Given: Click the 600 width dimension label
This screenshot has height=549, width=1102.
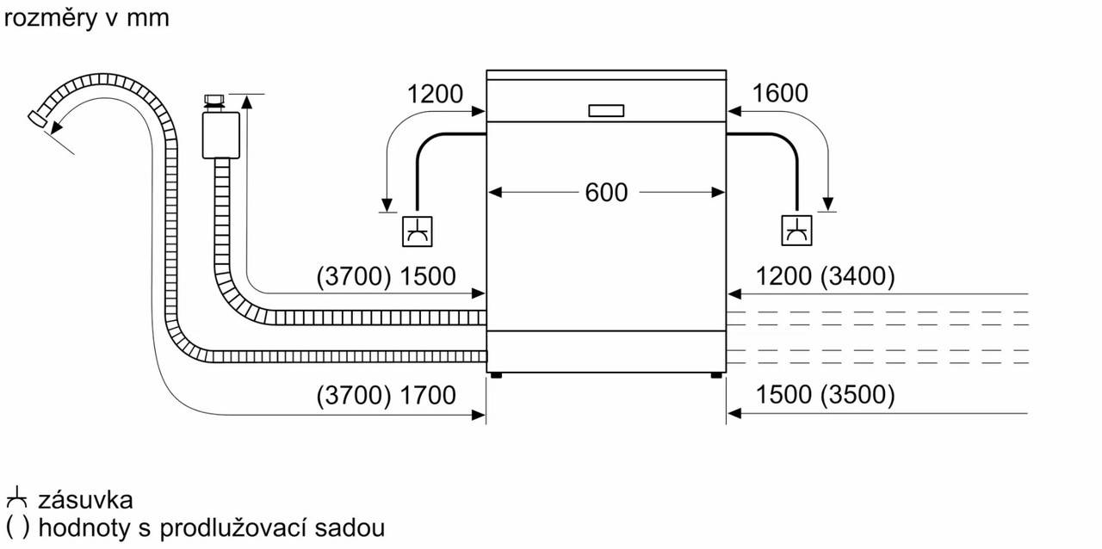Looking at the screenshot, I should pos(606,193).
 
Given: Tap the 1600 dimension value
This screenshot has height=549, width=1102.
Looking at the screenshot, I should pos(780,94).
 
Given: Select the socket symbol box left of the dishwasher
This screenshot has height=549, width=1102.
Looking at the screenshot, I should pos(418,231).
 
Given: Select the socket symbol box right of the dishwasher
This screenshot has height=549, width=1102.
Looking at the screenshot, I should pos(796,231).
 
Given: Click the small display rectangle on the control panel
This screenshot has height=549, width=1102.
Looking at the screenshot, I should pos(605,110).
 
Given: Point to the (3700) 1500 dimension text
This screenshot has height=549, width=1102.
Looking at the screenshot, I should pos(386,276).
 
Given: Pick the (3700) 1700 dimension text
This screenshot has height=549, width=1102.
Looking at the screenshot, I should pos(386,395).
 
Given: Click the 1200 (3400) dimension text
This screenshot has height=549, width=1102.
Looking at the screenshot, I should pos(826,276).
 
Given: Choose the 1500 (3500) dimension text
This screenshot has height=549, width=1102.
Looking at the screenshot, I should pos(826,395).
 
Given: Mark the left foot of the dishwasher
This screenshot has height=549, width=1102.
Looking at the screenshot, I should pos(496,374).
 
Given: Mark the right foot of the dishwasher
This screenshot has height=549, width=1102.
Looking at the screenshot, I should pos(716,374).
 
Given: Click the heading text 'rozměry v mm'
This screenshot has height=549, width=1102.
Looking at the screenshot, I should pos(87,18).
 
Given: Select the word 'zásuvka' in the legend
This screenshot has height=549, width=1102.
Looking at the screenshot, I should pos(85,500).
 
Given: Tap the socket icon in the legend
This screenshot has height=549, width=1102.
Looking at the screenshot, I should pos(16,499).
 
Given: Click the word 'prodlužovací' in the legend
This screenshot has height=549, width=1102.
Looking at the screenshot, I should pos(227,527).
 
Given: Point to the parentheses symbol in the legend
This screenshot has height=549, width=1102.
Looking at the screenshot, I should pos(16,527).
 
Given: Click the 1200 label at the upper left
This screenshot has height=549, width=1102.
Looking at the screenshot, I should pos(435,94).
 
